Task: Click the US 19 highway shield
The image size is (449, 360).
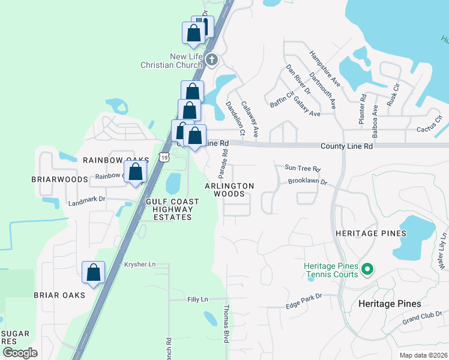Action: tap(164, 157)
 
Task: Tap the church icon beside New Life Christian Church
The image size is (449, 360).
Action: tap(211, 60)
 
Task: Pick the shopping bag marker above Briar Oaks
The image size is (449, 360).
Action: tap(94, 272)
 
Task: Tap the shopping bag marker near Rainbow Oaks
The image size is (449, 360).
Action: tap(136, 172)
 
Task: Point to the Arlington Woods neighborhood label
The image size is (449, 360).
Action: tap(229, 190)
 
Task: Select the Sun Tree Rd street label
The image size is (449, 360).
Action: tap(303, 169)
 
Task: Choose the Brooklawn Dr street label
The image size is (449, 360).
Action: tap(307, 181)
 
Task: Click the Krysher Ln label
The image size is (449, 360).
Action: tap(140, 264)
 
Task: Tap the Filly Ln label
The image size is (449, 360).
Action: tap(197, 299)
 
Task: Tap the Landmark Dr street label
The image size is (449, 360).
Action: tap(86, 202)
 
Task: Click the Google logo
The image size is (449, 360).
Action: tap(20, 352)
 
